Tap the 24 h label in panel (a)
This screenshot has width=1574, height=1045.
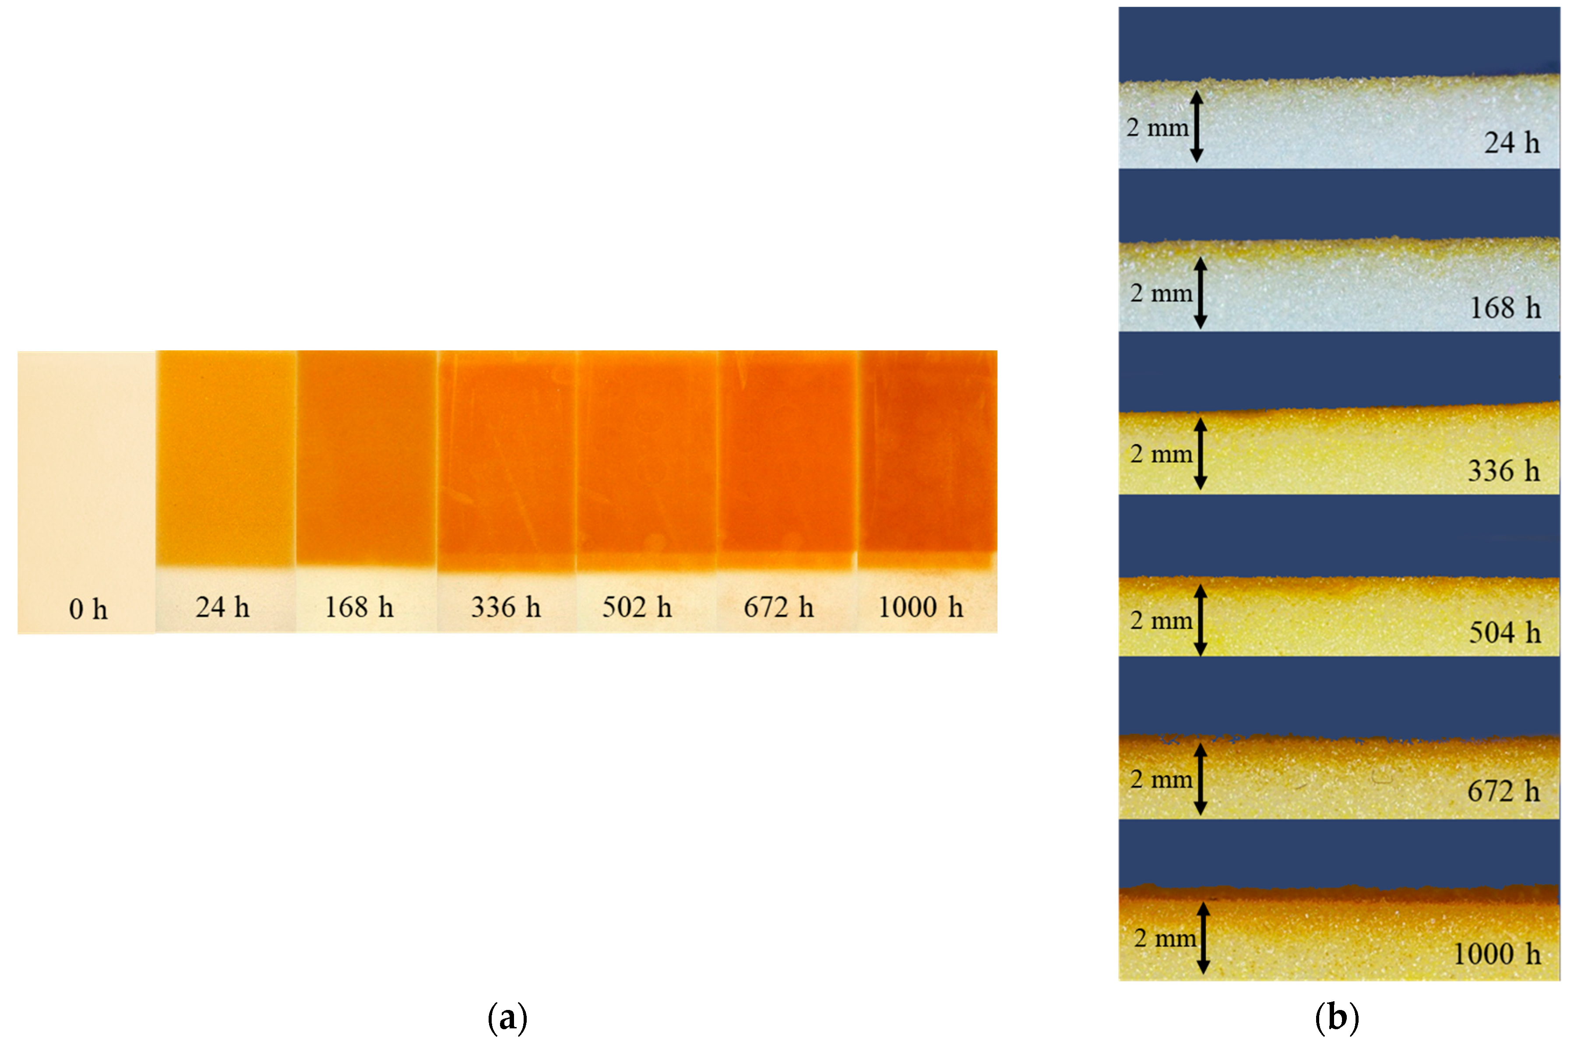(222, 607)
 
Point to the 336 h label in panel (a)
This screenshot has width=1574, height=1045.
(506, 607)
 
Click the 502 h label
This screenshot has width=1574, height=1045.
(637, 607)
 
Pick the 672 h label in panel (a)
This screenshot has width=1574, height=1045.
(778, 607)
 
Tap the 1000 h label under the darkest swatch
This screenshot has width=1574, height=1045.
(921, 607)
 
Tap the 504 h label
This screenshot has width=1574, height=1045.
(1505, 632)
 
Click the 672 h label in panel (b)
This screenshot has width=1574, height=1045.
(1504, 791)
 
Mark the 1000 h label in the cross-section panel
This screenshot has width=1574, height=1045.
(1496, 954)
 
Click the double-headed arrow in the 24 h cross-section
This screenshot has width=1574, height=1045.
(1196, 127)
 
